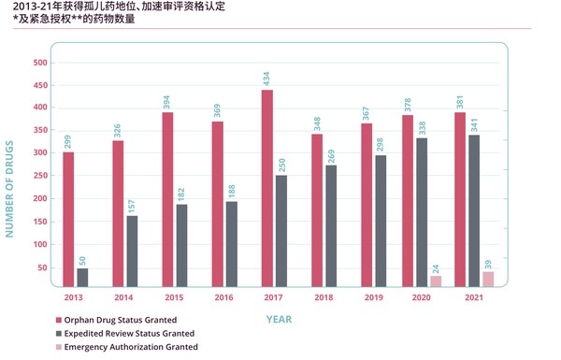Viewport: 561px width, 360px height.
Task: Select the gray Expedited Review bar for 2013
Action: click(x=82, y=278)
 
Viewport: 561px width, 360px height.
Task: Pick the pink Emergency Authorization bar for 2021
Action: click(x=488, y=280)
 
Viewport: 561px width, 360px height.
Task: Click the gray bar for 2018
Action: click(x=331, y=226)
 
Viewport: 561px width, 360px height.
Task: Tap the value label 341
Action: click(x=474, y=122)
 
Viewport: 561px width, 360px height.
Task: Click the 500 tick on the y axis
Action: click(x=40, y=63)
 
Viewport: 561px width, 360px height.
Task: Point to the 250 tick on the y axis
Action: click(x=40, y=177)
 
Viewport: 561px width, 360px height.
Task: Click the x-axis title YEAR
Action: click(x=278, y=319)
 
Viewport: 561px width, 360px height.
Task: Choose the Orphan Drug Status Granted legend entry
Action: click(x=124, y=319)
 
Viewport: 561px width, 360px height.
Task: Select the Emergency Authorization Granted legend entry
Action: click(x=131, y=347)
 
